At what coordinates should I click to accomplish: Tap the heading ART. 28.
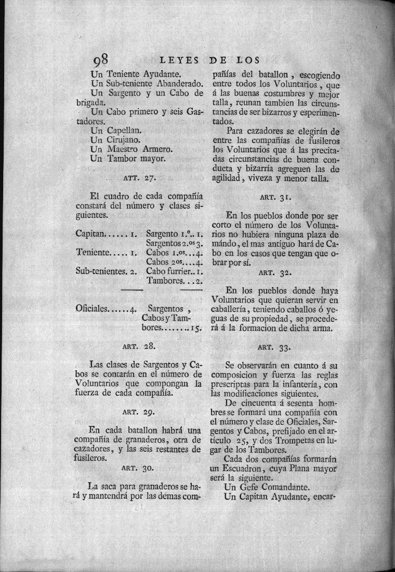139,345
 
